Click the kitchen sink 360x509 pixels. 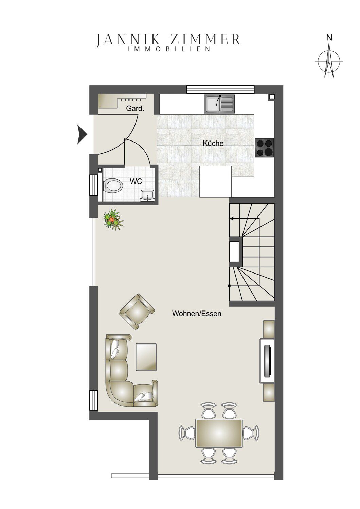[219, 104]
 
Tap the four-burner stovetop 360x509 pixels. [264, 148]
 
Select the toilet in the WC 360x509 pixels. [113, 185]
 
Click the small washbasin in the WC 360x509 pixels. [148, 195]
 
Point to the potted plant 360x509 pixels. [113, 220]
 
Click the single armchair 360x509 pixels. [137, 311]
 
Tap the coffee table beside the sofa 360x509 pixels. [146, 357]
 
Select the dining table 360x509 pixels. [219, 433]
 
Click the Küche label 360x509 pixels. [213, 144]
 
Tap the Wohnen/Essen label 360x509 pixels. [197, 313]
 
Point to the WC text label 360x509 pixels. [136, 181]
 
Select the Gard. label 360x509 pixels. [135, 108]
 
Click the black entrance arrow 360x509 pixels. [82, 134]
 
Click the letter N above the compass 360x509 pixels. [329, 38]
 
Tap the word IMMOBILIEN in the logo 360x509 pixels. [169, 49]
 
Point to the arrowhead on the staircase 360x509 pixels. [232, 219]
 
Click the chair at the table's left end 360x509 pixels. [187, 433]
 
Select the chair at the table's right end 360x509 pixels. [251, 433]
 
